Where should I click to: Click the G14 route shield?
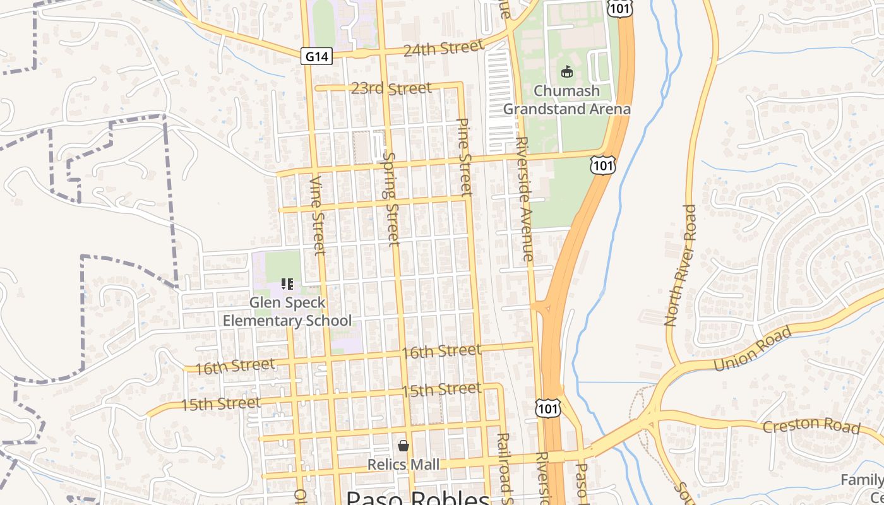point(316,57)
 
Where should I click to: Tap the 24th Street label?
point(444,49)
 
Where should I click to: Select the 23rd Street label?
point(391,88)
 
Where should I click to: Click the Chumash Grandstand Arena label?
point(566,100)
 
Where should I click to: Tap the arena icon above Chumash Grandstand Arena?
point(566,72)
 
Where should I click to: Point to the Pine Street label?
point(464,157)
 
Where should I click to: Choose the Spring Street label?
point(391,198)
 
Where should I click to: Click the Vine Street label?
point(317,215)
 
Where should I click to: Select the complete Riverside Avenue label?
point(525,199)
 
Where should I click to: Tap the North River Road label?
point(680,265)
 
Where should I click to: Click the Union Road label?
point(752,349)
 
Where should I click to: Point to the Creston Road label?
point(811,425)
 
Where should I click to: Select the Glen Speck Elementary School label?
point(287,311)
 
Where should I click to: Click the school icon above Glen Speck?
point(287,285)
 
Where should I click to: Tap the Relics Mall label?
point(403,465)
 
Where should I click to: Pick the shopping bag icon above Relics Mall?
point(403,446)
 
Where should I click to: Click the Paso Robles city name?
point(418,498)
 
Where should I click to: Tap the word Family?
point(862,480)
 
